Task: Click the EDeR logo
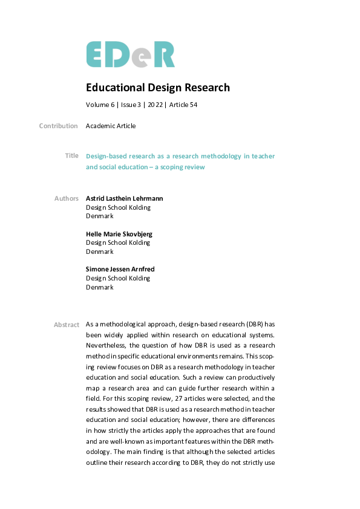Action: click(x=130, y=54)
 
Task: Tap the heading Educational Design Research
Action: click(x=158, y=88)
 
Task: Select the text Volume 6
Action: click(x=100, y=105)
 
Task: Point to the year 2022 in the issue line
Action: click(x=155, y=105)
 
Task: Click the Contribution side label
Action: click(x=59, y=126)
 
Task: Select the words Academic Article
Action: click(x=111, y=126)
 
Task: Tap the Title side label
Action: click(x=71, y=156)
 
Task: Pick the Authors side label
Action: click(x=66, y=198)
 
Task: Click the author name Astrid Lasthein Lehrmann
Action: click(x=124, y=198)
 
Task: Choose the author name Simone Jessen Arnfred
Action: click(x=120, y=270)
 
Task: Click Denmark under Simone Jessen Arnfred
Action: click(x=99, y=288)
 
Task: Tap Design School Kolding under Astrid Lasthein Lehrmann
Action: click(x=118, y=207)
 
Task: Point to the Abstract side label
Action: click(x=67, y=325)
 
